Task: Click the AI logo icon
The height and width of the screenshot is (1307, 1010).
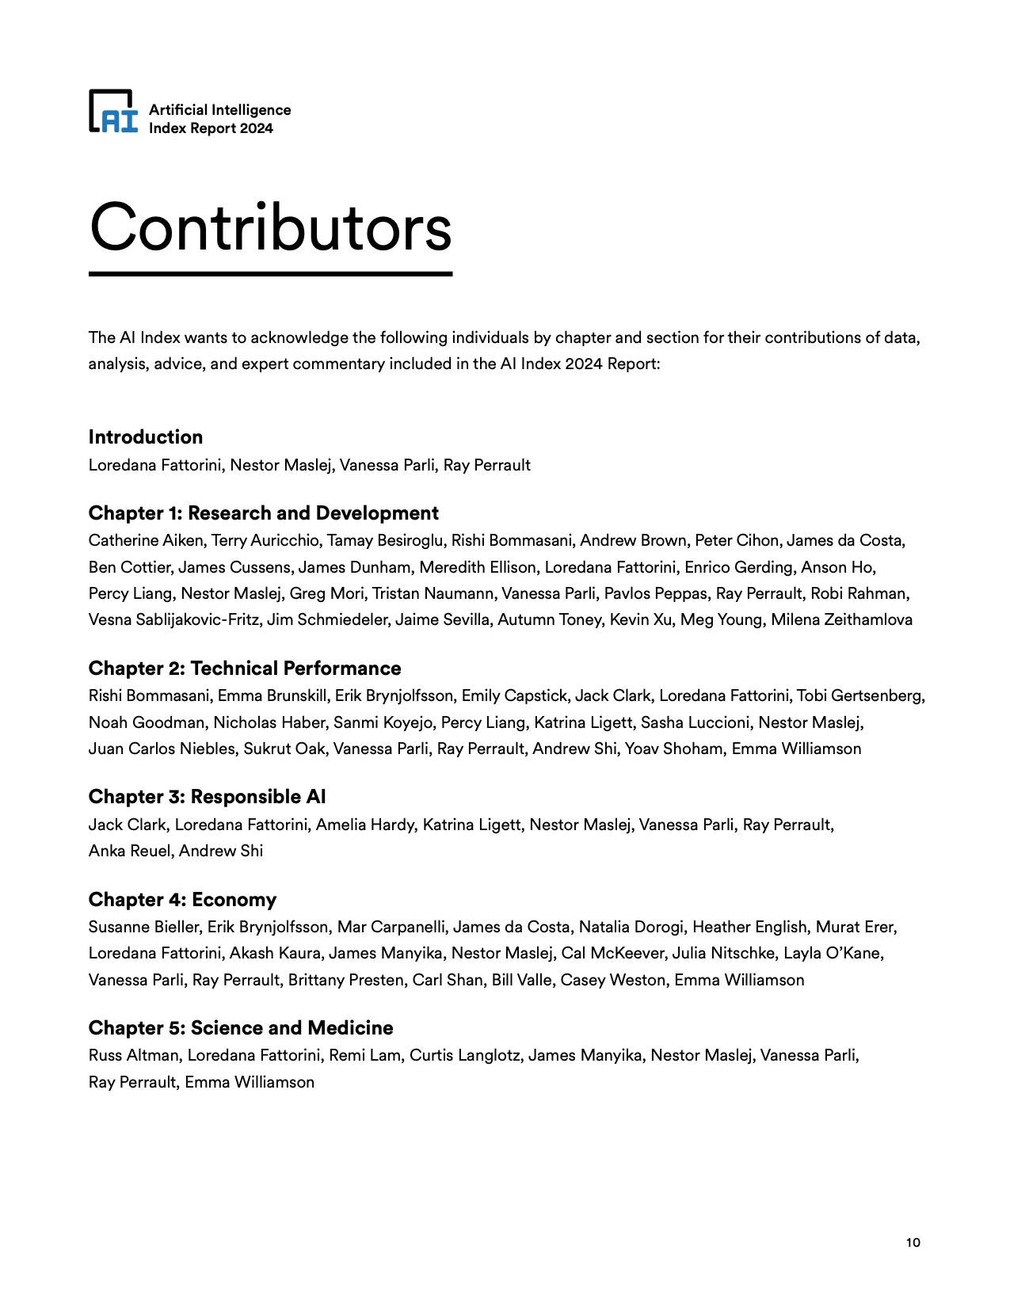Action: (113, 111)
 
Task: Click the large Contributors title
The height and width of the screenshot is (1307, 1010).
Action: (270, 228)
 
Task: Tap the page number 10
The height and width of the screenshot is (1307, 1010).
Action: (913, 1242)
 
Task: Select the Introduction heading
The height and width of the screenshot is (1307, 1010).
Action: (146, 437)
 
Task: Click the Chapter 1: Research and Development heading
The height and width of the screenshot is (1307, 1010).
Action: (263, 513)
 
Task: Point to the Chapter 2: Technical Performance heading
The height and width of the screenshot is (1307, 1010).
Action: (245, 669)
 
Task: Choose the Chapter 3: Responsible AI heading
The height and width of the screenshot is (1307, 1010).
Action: (207, 797)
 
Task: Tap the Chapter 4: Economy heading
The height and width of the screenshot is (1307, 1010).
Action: (182, 900)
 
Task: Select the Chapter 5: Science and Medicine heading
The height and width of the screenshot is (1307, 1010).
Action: (241, 1028)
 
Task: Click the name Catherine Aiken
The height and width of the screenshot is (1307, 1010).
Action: (146, 541)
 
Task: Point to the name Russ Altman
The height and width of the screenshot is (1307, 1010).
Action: (135, 1056)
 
